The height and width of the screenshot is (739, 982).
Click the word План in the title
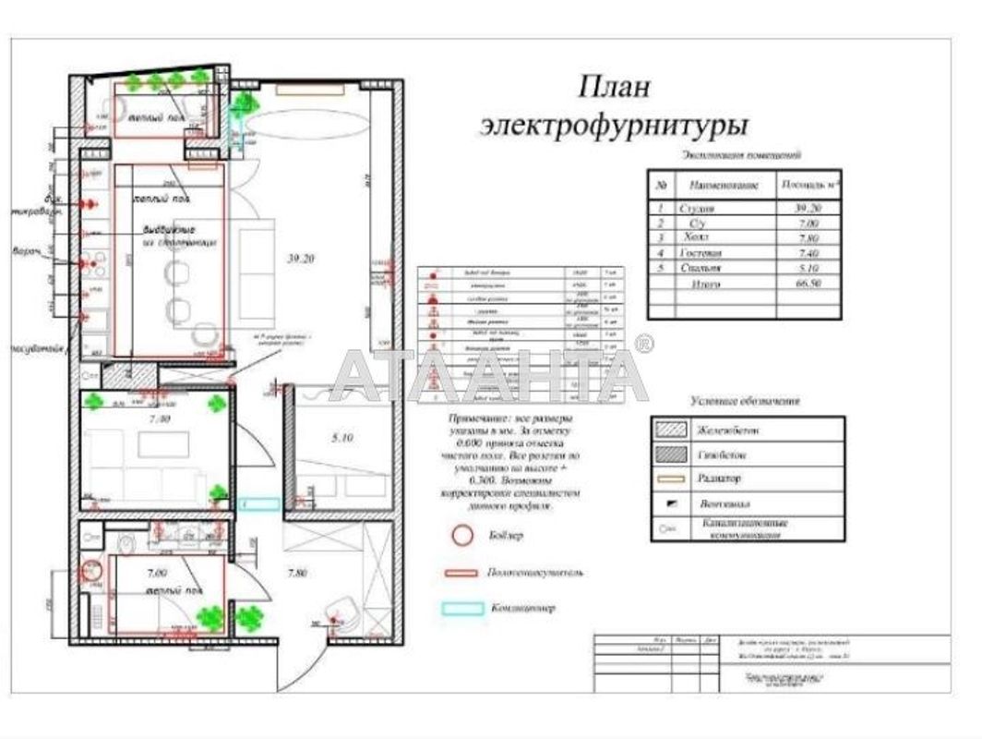614,88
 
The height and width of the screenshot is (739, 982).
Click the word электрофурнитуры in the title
614,125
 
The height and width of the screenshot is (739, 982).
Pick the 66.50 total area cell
808,285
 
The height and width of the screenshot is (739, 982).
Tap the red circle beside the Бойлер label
461,536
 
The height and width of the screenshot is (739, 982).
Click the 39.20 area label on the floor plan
301,260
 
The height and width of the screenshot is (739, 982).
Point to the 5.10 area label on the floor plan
342,438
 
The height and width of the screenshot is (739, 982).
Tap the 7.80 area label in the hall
296,574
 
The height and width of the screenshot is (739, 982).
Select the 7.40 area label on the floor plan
159,419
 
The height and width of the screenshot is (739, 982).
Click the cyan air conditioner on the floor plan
259,504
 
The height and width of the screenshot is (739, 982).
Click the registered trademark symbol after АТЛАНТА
645,345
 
